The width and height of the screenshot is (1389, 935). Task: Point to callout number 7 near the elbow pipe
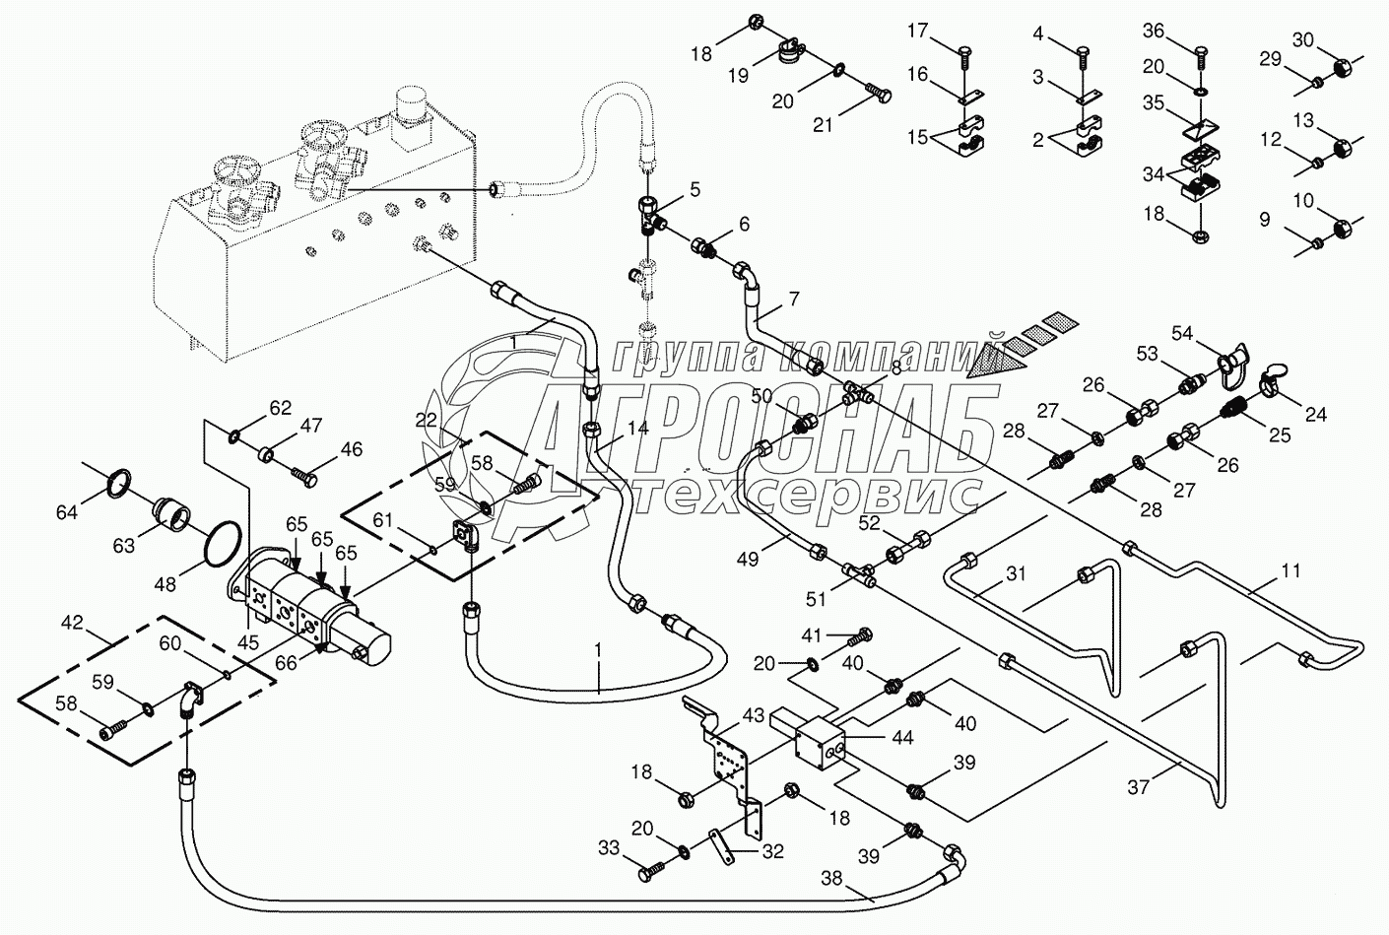793,297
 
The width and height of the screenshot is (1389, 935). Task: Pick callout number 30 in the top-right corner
1302,40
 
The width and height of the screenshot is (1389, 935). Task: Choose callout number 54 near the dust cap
1181,335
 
